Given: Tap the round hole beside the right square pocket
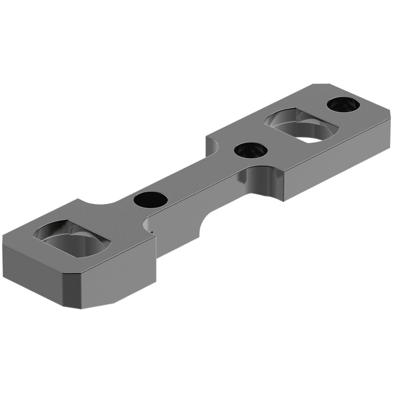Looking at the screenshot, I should pyautogui.click(x=251, y=151).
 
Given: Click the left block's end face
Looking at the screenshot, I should pyautogui.click(x=33, y=262).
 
